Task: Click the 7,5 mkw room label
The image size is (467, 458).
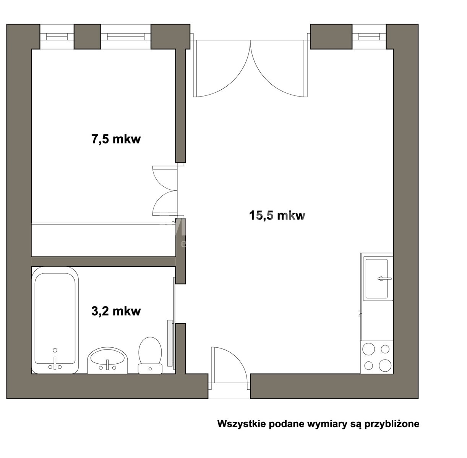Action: (116, 139)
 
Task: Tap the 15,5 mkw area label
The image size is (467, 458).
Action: (277, 215)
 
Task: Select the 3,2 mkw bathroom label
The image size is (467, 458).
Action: (116, 311)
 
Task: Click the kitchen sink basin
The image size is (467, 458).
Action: (376, 278)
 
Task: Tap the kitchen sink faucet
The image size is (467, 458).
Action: (384, 279)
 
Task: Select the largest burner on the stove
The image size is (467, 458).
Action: (385, 366)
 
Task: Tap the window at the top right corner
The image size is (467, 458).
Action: (369, 37)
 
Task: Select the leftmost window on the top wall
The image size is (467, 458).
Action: (57, 37)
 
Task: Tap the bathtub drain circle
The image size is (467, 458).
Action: (55, 350)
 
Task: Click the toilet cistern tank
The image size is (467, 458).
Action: (150, 369)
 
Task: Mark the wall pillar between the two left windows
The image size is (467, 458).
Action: (87, 37)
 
